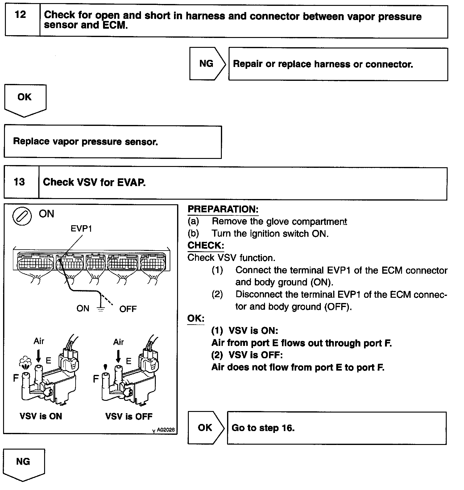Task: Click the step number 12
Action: [x=20, y=15]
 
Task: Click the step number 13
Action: [x=19, y=182]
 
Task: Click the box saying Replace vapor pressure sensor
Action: [x=113, y=142]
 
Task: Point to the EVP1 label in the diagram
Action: [x=81, y=229]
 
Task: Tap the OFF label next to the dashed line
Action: [x=128, y=309]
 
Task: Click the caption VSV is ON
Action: [x=41, y=416]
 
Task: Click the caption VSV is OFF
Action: [x=129, y=417]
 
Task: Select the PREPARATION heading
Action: [x=223, y=209]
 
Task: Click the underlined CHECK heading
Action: [x=206, y=246]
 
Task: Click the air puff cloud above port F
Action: [x=25, y=362]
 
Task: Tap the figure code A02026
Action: [x=166, y=430]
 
